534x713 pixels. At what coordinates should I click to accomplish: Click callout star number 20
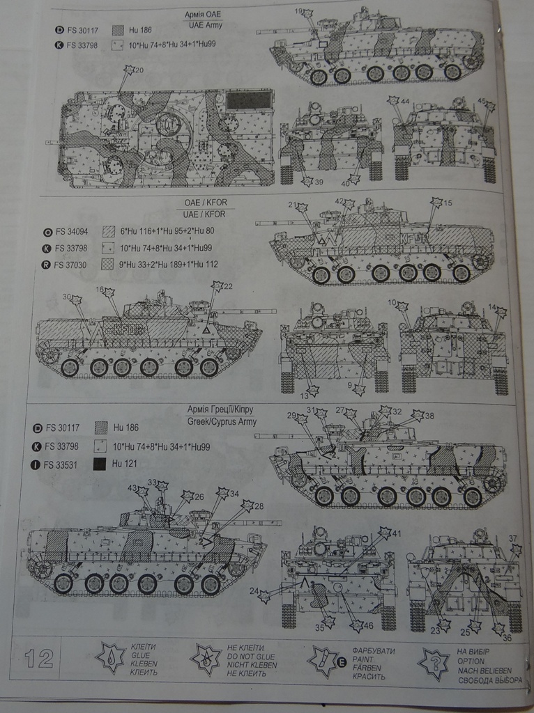[x=130, y=70]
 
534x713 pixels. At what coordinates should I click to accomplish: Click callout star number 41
[x=386, y=533]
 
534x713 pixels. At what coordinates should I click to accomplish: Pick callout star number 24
[x=264, y=595]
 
